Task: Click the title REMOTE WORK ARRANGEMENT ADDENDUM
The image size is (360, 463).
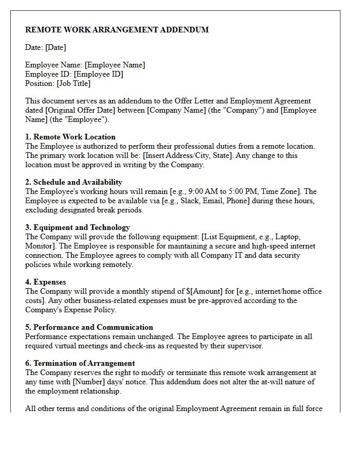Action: [x=117, y=30]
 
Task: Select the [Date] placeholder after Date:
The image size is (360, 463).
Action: [x=56, y=47]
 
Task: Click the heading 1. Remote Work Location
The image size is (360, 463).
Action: [x=70, y=137]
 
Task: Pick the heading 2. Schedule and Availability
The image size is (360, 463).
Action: [x=74, y=182]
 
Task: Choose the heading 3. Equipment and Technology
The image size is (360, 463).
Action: [x=78, y=227]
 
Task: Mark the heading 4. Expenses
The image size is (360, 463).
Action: [x=46, y=282]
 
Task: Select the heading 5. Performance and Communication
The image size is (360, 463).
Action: [x=89, y=327]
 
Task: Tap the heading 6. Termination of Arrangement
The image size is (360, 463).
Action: [x=80, y=363]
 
